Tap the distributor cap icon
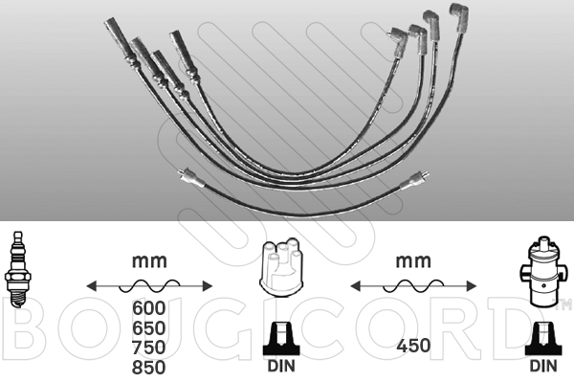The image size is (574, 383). click(x=281, y=266)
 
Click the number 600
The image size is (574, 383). click(x=149, y=308)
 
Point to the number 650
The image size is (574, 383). click(x=149, y=327)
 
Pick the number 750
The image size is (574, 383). click(x=149, y=347)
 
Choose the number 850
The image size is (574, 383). click(x=149, y=367)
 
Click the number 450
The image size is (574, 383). click(x=413, y=346)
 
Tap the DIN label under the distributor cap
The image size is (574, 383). click(x=281, y=366)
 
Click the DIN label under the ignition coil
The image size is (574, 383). click(x=543, y=366)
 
